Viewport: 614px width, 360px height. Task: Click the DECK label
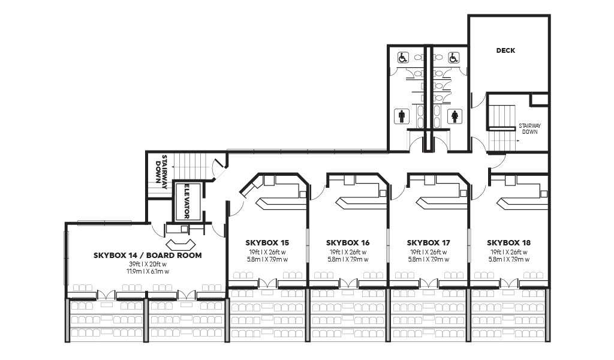coord(505,50)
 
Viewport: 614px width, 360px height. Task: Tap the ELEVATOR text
coord(187,202)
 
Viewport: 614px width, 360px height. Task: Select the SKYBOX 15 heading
coord(267,243)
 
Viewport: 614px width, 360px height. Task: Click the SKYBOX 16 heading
coord(348,243)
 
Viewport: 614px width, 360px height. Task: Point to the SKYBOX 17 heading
coord(428,243)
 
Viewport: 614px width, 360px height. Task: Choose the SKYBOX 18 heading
coord(508,243)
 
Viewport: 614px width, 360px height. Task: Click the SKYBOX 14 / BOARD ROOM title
coord(148,256)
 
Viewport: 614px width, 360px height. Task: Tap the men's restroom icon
coord(401,116)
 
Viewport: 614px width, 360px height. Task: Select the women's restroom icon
coord(455,116)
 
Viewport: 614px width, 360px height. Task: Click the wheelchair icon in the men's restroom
coord(403,58)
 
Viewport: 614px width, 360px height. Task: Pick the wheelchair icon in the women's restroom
coord(454,58)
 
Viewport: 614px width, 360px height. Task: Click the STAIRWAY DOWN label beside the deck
coord(529,129)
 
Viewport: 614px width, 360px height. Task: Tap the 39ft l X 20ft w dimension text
coord(148,264)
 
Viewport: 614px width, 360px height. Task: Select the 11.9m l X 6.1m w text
coord(148,271)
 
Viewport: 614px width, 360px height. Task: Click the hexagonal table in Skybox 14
coord(180,244)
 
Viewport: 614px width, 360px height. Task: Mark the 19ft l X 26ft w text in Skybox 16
coord(348,252)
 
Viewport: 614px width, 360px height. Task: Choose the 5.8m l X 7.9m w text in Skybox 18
coord(508,259)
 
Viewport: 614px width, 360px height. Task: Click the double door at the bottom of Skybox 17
coord(428,283)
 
